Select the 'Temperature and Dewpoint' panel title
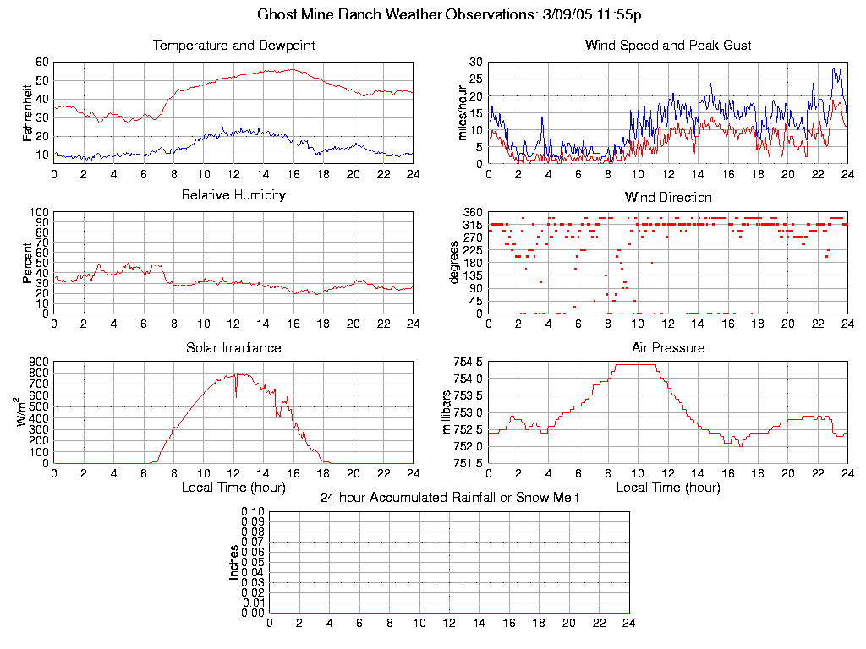click(233, 46)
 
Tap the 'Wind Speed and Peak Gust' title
click(668, 46)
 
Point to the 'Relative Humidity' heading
click(233, 195)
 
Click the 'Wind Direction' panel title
click(668, 198)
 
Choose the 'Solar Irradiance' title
click(233, 347)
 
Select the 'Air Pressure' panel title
click(668, 347)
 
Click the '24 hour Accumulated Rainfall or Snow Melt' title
click(449, 498)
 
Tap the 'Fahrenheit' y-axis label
click(27, 110)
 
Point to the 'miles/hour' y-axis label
click(462, 110)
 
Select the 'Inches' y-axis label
click(234, 562)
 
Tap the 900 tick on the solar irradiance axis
click(37, 362)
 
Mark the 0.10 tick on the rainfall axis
click(253, 512)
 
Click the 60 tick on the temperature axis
click(41, 63)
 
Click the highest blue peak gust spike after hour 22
click(833, 69)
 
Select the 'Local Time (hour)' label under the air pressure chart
click(668, 488)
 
